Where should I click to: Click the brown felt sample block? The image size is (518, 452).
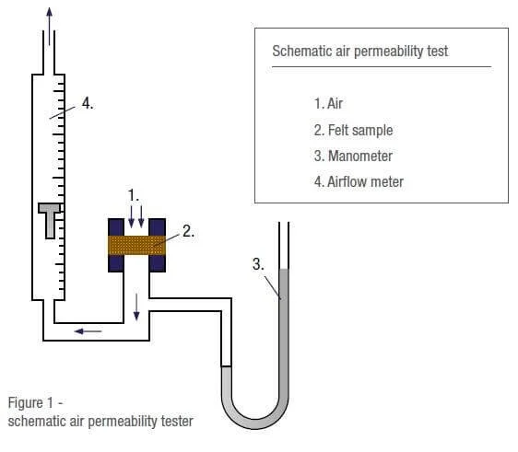[x=137, y=245]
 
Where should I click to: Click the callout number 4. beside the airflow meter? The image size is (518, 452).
[x=88, y=104]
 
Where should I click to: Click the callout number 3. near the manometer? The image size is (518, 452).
[x=259, y=264]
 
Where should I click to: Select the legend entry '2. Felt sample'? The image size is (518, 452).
[x=353, y=130]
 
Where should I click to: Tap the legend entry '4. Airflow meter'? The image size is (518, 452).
[x=358, y=181]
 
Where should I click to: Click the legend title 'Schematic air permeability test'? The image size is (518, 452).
[x=360, y=52]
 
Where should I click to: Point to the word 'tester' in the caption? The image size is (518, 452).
[x=174, y=422]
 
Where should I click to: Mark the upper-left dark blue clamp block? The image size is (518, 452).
[x=118, y=226]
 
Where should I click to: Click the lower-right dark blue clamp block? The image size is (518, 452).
[x=157, y=264]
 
